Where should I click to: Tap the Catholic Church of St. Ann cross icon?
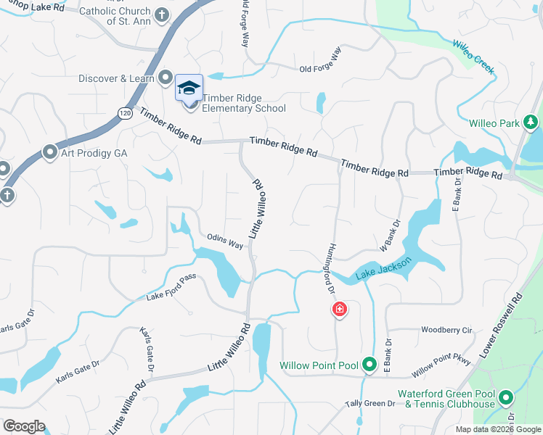[x=161, y=14]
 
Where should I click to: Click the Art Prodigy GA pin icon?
[x=49, y=152]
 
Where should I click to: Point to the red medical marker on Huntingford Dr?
[x=339, y=310]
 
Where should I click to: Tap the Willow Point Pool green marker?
[x=369, y=365]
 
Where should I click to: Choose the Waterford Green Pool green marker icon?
[x=505, y=397]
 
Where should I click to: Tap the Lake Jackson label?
[x=384, y=269]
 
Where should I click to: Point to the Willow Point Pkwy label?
[x=442, y=367]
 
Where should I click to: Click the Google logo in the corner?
[x=24, y=426]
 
